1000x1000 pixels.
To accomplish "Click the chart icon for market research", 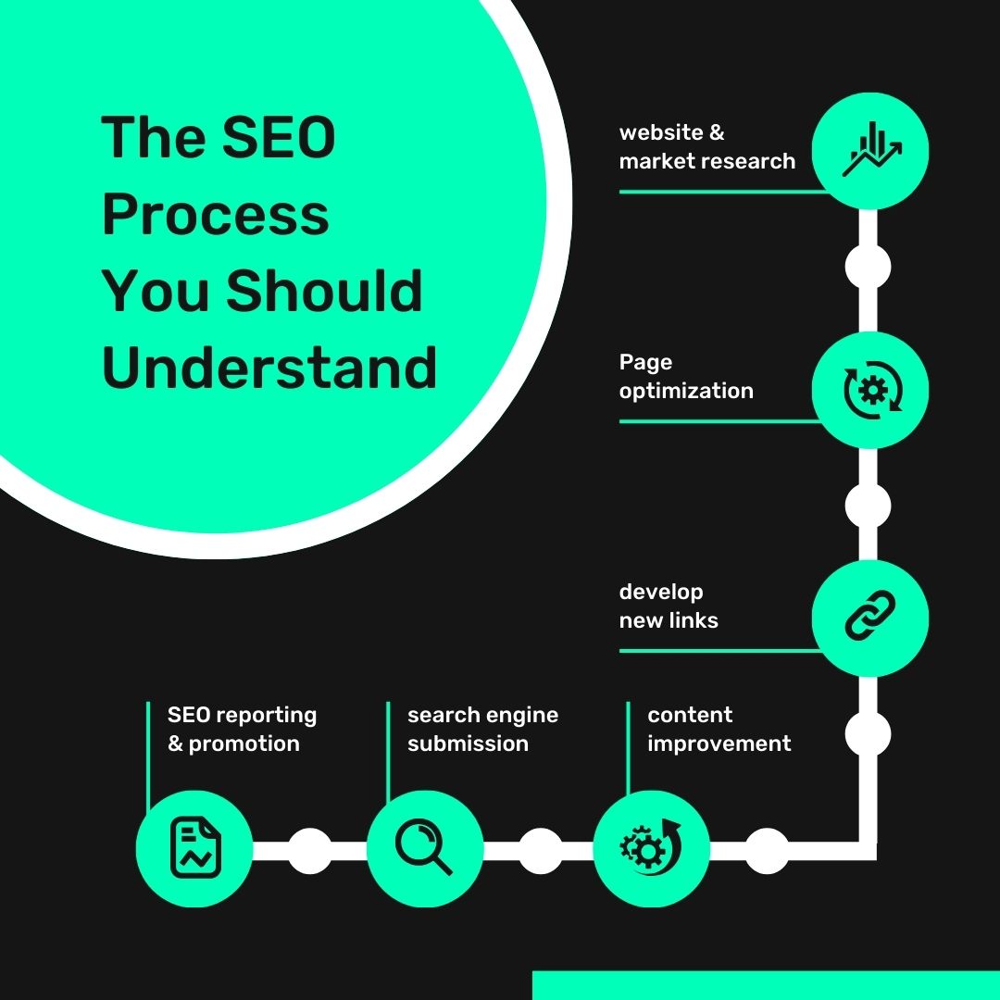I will (870, 151).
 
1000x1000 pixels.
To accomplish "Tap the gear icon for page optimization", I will (870, 391).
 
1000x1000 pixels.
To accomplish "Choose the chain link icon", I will (870, 618).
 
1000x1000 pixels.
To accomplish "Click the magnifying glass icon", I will (424, 848).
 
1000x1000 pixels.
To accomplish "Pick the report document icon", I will (194, 848).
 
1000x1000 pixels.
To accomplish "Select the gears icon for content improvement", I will (650, 848).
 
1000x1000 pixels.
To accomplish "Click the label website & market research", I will (706, 146).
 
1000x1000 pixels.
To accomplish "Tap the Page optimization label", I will (686, 377).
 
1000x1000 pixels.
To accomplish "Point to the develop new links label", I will (669, 606).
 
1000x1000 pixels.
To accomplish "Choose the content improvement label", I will (719, 729).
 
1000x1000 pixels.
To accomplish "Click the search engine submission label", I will (482, 729).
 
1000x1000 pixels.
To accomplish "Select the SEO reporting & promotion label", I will (242, 729).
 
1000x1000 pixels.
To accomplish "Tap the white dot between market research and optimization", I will (869, 268).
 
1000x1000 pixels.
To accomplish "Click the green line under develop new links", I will (719, 650).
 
